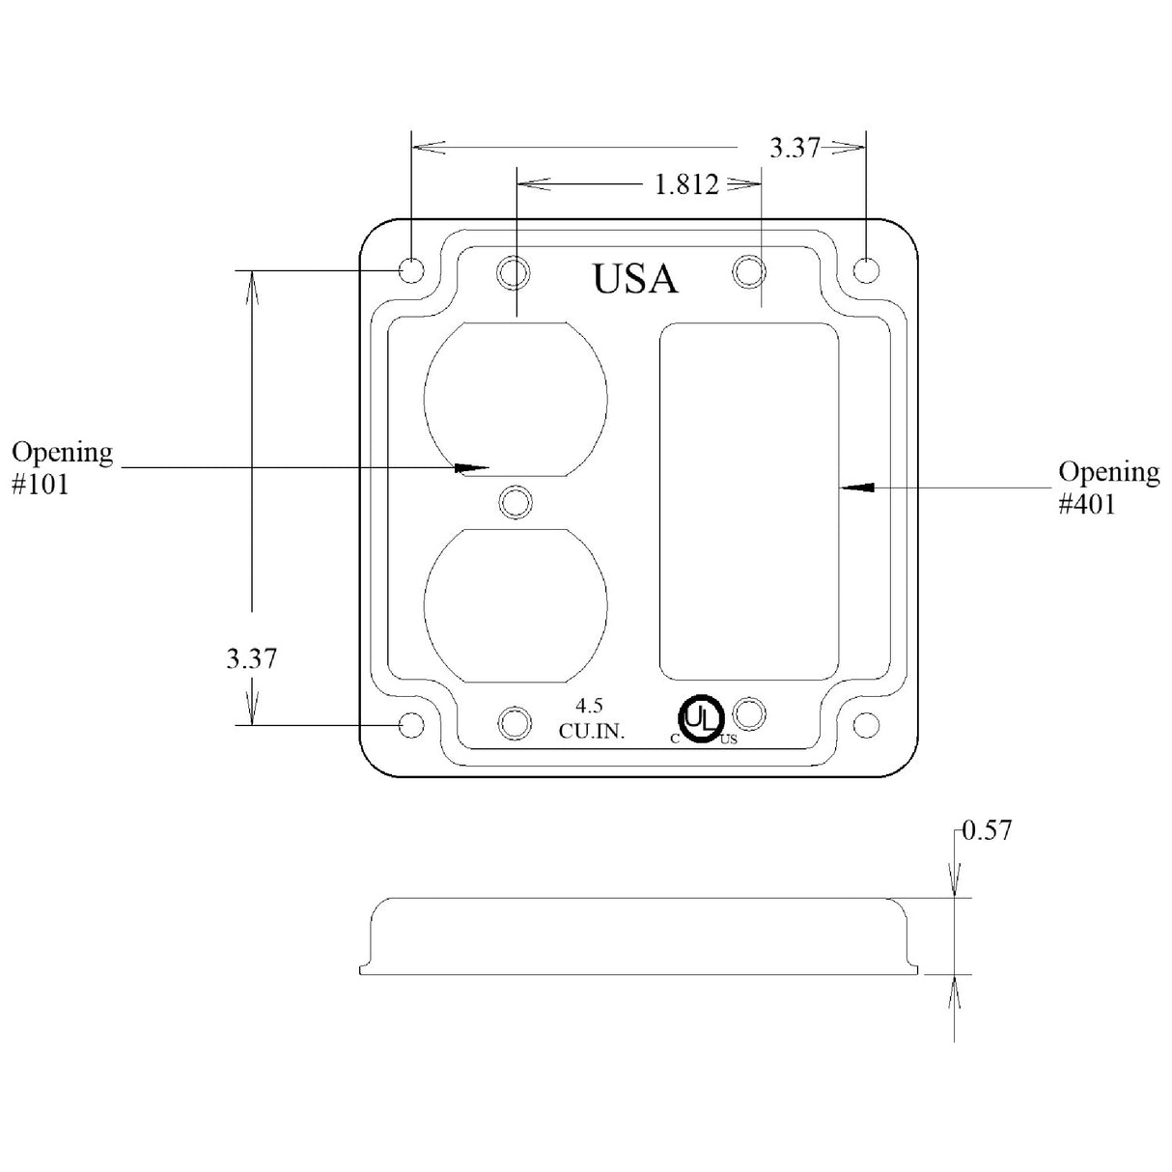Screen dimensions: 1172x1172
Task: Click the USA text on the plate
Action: tap(634, 278)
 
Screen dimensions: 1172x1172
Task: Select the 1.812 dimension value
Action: tap(686, 184)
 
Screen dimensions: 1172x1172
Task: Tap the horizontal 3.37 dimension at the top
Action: tap(794, 148)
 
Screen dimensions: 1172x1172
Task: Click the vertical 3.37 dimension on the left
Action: tap(251, 658)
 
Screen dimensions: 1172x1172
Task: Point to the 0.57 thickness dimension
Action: tap(986, 830)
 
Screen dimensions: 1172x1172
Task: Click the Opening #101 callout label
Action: tap(61, 466)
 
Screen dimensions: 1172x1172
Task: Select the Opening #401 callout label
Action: tap(1108, 487)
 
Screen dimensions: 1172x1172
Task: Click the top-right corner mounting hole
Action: tap(866, 269)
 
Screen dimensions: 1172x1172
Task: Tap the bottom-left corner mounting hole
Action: tap(411, 724)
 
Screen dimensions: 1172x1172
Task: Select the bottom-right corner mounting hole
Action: tap(866, 724)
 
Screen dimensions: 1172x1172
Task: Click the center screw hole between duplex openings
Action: tap(516, 501)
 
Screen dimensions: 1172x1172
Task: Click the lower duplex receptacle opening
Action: tap(516, 603)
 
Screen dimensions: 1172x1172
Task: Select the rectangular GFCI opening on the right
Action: tap(748, 501)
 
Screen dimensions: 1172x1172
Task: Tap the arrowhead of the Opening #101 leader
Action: tap(472, 468)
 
